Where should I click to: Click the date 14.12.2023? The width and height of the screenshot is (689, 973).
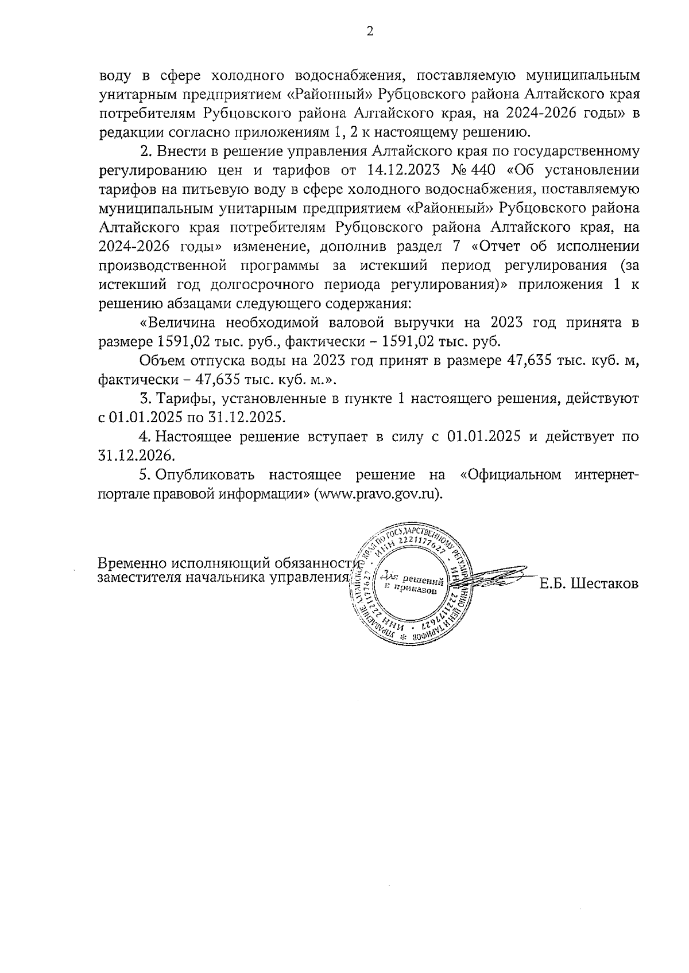point(407,171)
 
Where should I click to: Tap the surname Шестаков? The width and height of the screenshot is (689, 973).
point(589,584)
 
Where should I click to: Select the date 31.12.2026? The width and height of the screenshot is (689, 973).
point(136,456)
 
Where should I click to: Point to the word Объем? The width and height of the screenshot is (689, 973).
point(158,361)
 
